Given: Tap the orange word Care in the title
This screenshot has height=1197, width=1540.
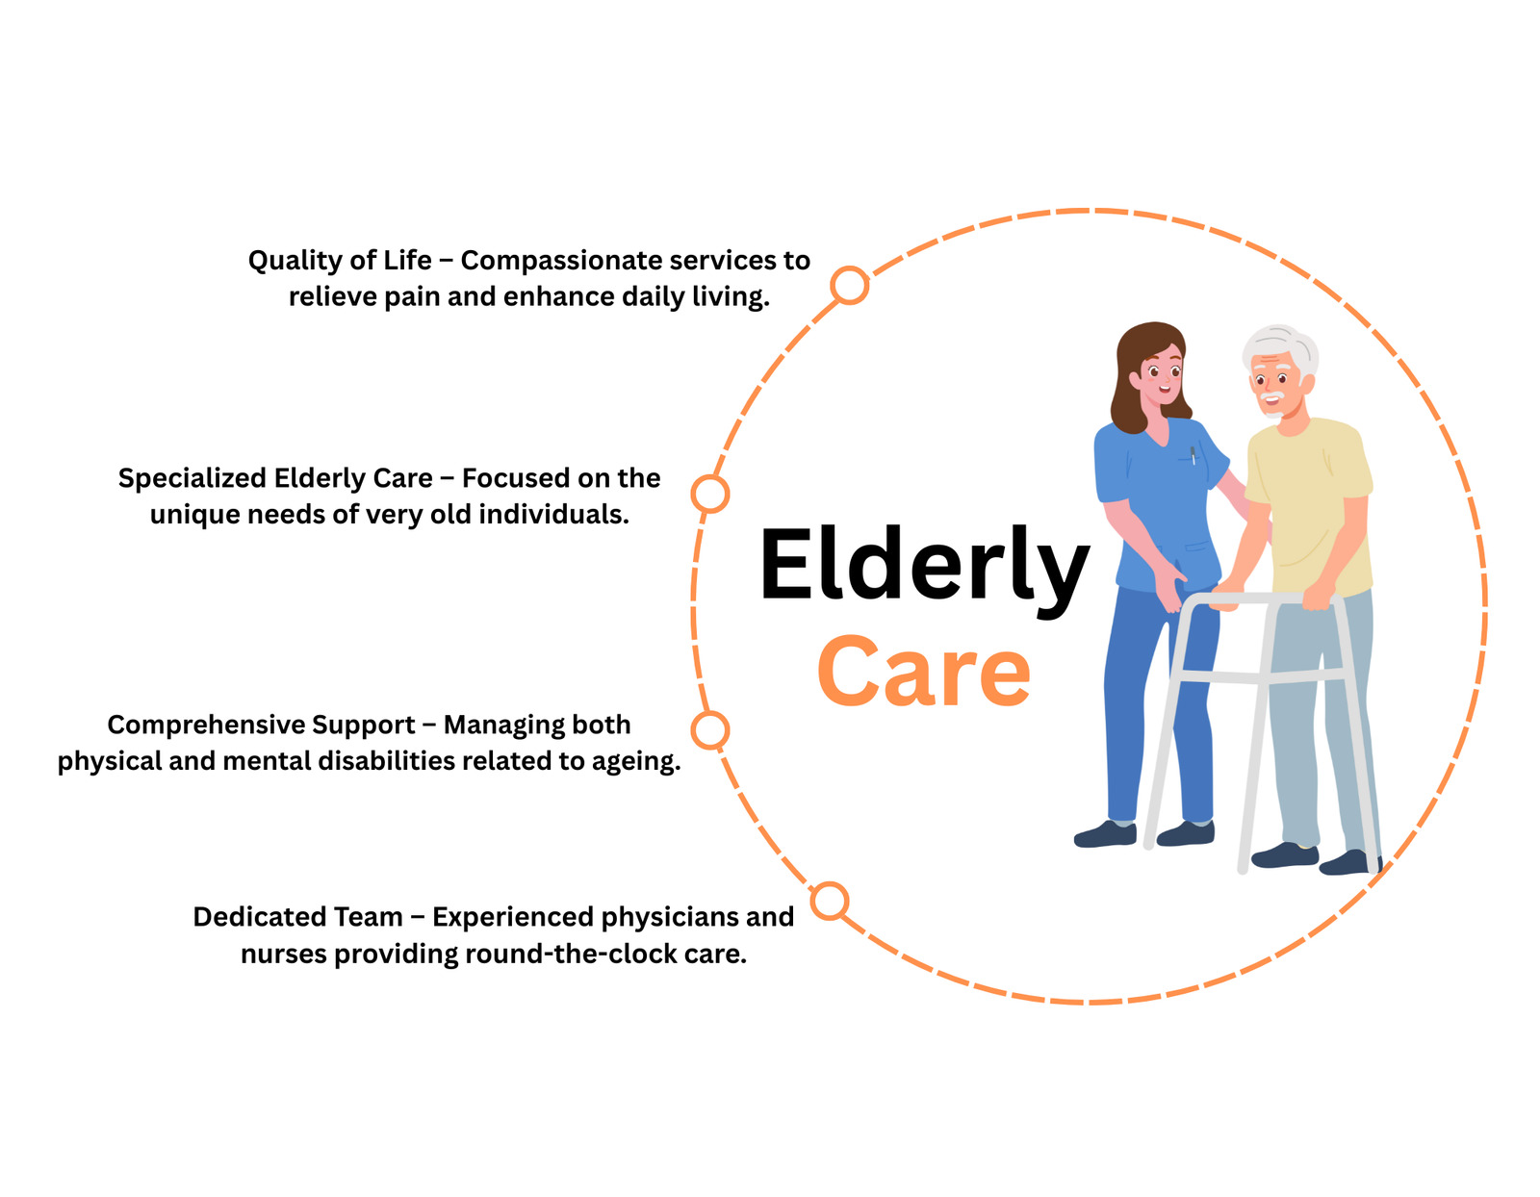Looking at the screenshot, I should tap(923, 673).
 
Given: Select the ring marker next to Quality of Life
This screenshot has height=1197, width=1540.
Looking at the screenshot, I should tap(849, 286).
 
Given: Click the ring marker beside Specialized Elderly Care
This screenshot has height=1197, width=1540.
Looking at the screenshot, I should tap(710, 494).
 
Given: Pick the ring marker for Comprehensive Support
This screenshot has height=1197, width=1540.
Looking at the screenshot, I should tap(710, 730).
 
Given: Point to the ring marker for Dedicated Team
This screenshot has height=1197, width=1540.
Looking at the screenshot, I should tap(829, 901).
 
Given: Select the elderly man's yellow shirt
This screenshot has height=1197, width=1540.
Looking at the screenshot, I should tap(1309, 500).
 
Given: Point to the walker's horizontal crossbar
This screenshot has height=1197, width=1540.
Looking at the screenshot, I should tap(1261, 676).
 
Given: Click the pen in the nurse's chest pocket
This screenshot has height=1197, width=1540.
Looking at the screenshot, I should tap(1193, 455).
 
